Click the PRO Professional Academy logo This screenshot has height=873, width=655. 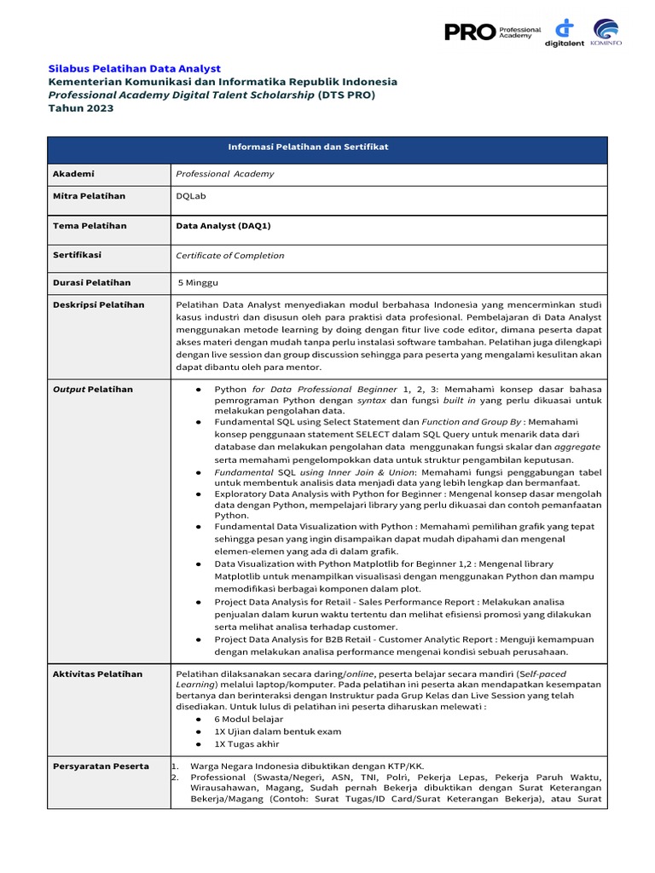[x=492, y=32]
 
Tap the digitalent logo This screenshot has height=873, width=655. [x=564, y=33]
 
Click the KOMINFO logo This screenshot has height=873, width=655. [x=606, y=33]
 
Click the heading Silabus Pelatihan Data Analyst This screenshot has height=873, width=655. [x=134, y=68]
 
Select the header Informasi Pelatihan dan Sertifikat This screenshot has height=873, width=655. [x=308, y=147]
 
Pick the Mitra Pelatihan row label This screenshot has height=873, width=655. [x=90, y=196]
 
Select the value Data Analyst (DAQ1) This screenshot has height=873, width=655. [x=223, y=226]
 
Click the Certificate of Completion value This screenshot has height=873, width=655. [x=229, y=256]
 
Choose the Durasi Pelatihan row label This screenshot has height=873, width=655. [x=92, y=282]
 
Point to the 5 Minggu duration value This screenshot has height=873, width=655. [x=200, y=282]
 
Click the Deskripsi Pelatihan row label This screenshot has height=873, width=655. [x=98, y=304]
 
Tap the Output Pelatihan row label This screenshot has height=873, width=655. [x=92, y=390]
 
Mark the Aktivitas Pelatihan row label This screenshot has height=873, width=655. [x=96, y=674]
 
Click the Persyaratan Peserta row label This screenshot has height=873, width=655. [x=101, y=766]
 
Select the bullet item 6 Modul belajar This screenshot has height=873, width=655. [x=248, y=720]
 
